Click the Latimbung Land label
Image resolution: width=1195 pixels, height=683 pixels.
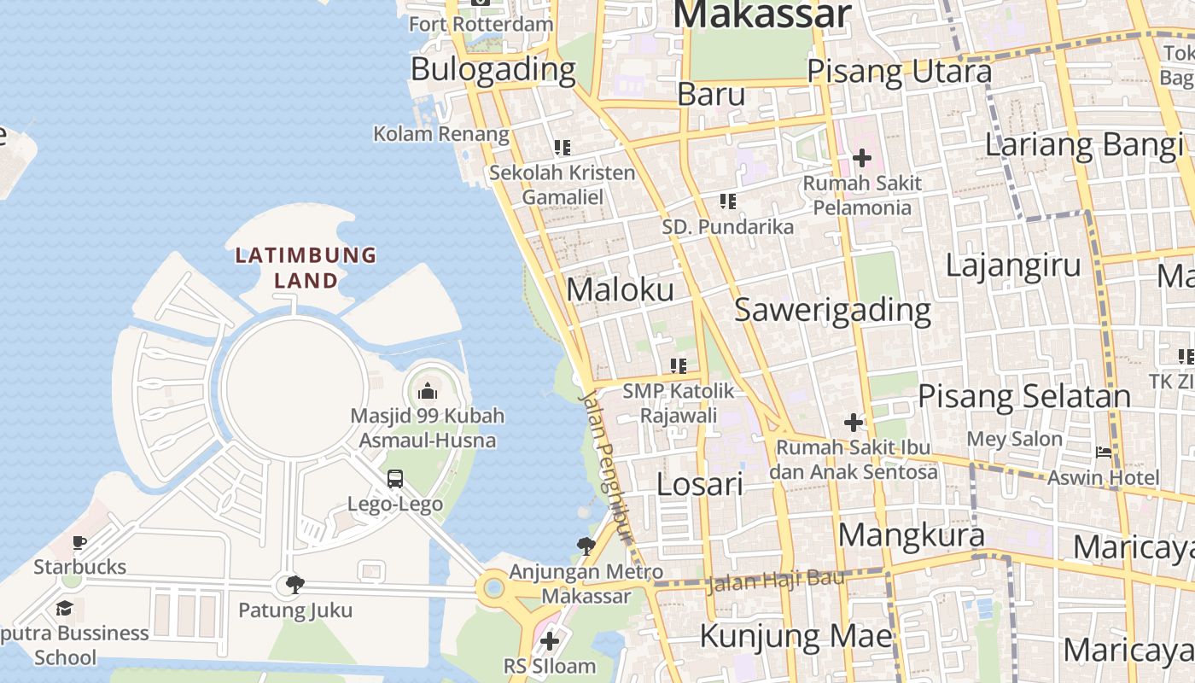click(x=306, y=266)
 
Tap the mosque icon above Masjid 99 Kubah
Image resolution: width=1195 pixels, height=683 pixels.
click(x=428, y=392)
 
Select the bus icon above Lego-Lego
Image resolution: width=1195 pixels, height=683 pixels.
click(x=394, y=479)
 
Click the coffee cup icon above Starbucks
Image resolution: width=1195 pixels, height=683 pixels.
click(x=79, y=543)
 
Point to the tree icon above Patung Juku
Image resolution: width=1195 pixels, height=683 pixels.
click(x=295, y=585)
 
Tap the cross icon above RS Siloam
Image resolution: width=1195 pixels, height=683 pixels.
click(x=550, y=640)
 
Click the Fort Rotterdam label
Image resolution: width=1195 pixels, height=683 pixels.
click(x=481, y=24)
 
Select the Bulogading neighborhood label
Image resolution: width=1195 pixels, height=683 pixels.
click(x=493, y=70)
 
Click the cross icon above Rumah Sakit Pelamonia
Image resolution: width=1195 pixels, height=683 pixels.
click(x=862, y=158)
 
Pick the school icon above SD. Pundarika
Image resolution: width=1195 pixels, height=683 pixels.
click(x=727, y=201)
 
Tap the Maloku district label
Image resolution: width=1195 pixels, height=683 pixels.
click(x=620, y=289)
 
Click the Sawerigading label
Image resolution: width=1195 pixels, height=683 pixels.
click(x=832, y=310)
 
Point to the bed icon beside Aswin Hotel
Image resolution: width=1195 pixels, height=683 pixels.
click(x=1104, y=452)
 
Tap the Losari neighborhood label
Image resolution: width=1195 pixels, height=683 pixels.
click(x=700, y=484)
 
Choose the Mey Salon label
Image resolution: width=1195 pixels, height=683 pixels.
click(x=1014, y=440)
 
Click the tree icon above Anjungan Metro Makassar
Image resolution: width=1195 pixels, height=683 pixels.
click(x=586, y=546)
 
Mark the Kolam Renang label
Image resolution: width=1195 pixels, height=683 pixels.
click(x=441, y=134)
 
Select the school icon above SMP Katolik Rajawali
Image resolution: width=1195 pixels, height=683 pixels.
click(x=679, y=366)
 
